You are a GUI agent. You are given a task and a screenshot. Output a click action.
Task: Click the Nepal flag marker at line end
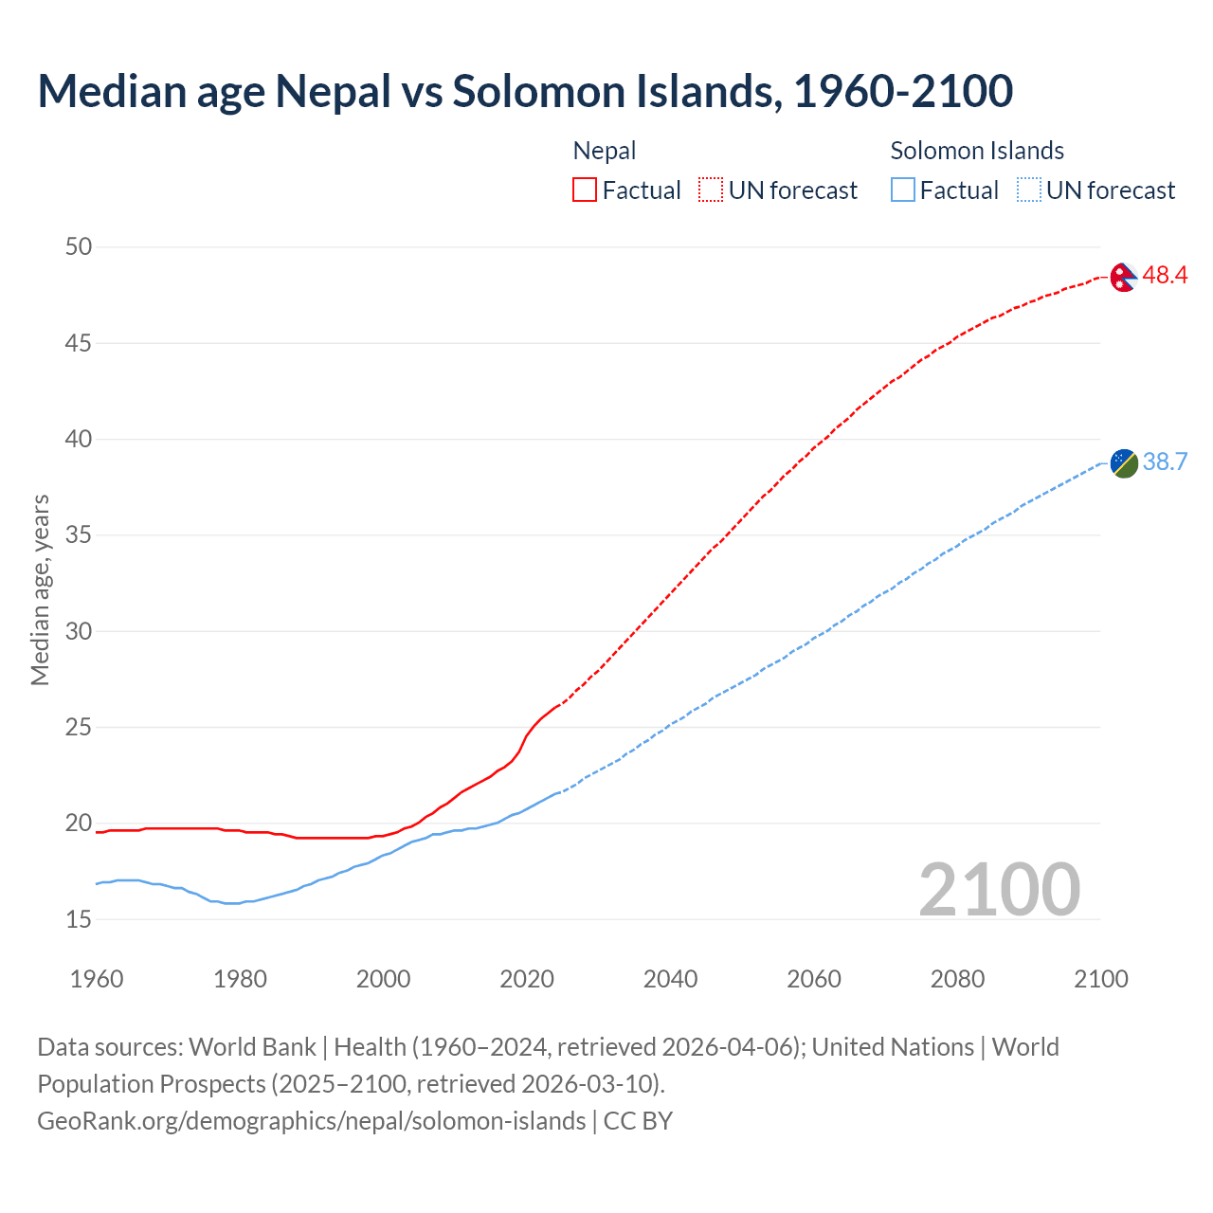coord(1123,277)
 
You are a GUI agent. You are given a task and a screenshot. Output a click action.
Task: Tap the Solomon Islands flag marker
coord(1123,463)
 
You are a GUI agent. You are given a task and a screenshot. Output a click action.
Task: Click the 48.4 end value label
coord(1165,276)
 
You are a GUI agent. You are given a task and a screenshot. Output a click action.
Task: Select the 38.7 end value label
coord(1165,462)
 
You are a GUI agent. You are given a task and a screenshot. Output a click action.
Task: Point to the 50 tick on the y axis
coord(79,247)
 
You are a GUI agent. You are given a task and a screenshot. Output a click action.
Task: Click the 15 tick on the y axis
coord(79,919)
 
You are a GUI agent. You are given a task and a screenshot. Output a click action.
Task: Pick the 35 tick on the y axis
coord(79,535)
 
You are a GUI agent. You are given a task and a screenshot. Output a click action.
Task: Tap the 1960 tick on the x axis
coord(97,979)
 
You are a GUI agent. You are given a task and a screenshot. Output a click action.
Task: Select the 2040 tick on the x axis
coord(670,979)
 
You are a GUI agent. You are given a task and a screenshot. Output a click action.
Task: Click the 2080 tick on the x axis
coord(957,979)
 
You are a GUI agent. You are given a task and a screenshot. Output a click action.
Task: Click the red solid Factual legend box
coord(585,190)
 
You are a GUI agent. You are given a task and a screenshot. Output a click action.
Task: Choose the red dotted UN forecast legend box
coord(711,190)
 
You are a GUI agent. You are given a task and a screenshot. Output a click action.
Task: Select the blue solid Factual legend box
coord(903,190)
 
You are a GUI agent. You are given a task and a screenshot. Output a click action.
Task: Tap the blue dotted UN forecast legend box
coord(1028,190)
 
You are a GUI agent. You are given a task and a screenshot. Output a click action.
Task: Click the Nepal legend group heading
coord(605,151)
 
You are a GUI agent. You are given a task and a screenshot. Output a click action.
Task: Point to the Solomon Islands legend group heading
coord(977,151)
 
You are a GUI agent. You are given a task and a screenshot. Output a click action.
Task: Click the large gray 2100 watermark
coord(999,889)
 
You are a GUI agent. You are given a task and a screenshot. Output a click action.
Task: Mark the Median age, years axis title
coord(40,589)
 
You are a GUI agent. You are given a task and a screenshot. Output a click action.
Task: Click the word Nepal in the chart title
coord(333,91)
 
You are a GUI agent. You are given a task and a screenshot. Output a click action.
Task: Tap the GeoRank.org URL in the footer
coord(311,1121)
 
